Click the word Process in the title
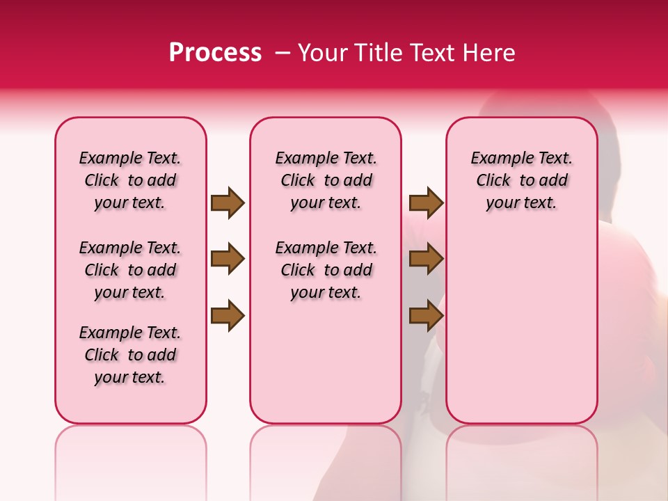tap(215, 53)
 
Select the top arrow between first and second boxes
tap(228, 203)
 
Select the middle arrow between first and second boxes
tap(228, 260)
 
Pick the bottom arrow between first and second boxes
tap(228, 316)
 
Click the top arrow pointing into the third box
tap(426, 203)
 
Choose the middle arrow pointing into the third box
tap(426, 260)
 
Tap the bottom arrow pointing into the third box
tap(426, 316)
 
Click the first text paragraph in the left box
tap(130, 180)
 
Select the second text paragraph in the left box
tap(130, 270)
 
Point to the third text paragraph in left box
tap(130, 355)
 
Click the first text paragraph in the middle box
tap(326, 180)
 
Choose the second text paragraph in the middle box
tap(326, 270)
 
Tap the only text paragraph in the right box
tap(521, 180)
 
